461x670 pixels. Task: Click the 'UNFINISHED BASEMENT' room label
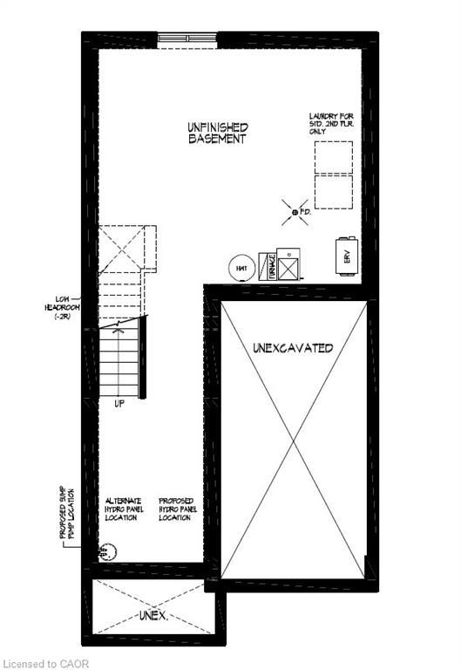click(218, 133)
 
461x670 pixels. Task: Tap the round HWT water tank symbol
click(241, 268)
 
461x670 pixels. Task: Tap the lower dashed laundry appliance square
click(333, 191)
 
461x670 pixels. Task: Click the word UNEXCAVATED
click(293, 348)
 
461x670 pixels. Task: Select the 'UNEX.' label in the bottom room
click(153, 615)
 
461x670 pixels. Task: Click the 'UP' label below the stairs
click(119, 404)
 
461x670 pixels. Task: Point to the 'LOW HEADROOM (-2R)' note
click(62, 306)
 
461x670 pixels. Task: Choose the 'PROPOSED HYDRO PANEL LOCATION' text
click(177, 509)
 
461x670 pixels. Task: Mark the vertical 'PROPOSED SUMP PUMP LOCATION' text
click(67, 515)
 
